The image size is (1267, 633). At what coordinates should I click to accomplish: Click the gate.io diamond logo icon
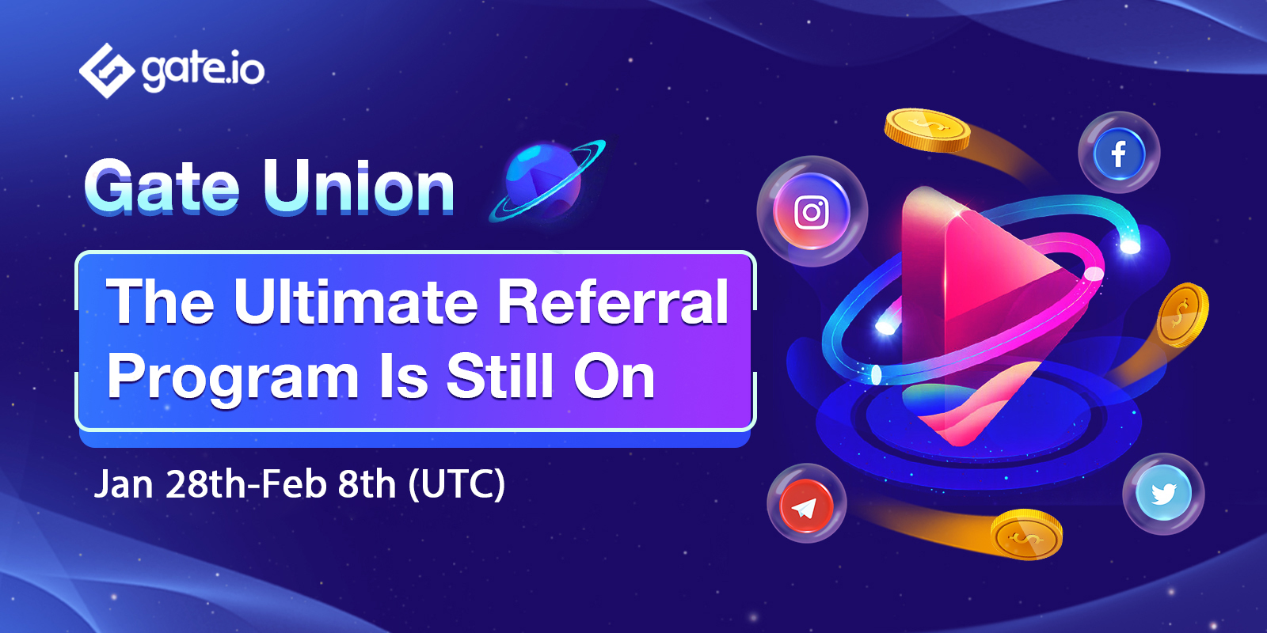[x=107, y=70]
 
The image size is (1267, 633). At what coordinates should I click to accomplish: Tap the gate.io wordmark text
[x=203, y=70]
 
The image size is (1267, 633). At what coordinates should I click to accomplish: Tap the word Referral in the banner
[x=613, y=302]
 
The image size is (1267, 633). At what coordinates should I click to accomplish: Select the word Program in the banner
[x=233, y=377]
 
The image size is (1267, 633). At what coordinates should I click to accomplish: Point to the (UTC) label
[x=456, y=485]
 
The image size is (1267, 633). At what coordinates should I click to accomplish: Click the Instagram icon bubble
[x=812, y=211]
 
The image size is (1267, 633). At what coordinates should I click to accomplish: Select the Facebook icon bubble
[x=1119, y=153]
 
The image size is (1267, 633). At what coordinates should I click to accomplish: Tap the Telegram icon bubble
[x=807, y=504]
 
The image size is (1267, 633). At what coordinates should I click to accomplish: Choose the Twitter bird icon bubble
[x=1163, y=494]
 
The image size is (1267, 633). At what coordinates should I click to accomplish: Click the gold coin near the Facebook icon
[x=927, y=131]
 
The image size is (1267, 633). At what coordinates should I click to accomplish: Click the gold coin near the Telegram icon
[x=1026, y=535]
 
